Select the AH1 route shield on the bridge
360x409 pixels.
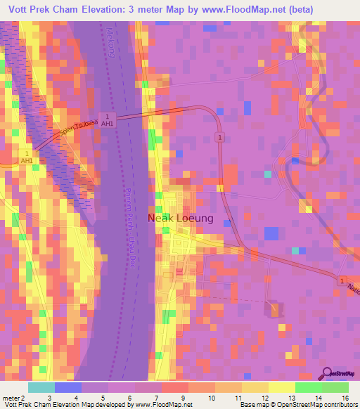coord(107,119)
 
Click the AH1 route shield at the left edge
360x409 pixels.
coord(27,157)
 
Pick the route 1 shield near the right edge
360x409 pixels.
coord(342,281)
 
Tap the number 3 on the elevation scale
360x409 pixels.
coord(49,398)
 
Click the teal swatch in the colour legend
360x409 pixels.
coord(41,387)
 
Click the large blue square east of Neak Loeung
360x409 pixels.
coord(271,233)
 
